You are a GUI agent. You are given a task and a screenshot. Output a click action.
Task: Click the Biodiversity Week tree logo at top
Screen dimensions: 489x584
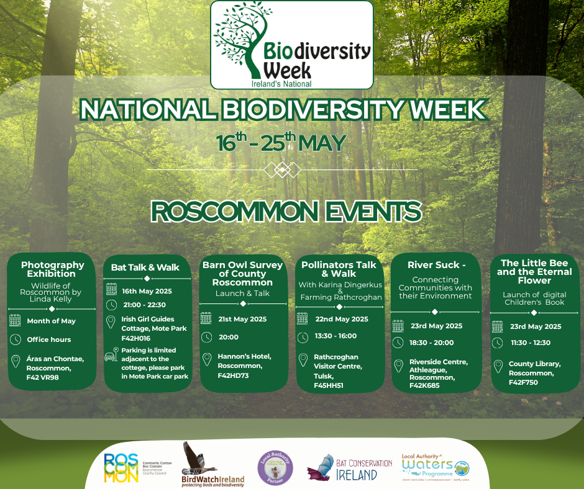(x=291, y=45)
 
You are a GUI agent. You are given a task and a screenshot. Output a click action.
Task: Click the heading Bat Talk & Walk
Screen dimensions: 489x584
(x=145, y=267)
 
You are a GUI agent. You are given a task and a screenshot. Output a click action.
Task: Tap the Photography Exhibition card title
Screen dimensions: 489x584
(x=52, y=269)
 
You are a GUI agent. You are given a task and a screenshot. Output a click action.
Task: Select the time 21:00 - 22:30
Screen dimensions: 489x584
(x=144, y=305)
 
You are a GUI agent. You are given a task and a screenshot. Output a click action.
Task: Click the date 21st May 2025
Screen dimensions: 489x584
(x=242, y=319)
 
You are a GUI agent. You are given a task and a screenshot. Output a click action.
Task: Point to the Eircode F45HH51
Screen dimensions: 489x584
(x=329, y=385)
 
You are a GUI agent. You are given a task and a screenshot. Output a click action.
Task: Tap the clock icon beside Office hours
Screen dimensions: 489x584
(x=15, y=339)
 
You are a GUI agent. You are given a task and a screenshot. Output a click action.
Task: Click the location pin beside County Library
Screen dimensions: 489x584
(x=497, y=366)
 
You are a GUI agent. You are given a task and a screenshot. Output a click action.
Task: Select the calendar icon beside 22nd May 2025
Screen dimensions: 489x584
(x=303, y=319)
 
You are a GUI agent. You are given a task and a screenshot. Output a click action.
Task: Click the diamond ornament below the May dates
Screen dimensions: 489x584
(x=282, y=169)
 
